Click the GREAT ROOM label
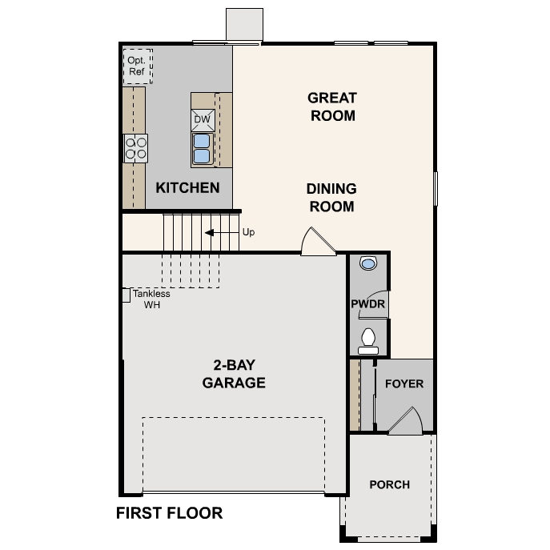(x=331, y=106)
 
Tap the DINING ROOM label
(x=331, y=197)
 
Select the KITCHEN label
(x=187, y=188)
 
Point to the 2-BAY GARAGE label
(x=233, y=373)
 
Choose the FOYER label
(x=404, y=383)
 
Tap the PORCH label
(x=389, y=484)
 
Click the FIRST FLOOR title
(x=169, y=512)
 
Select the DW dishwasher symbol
(x=202, y=119)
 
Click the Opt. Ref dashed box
(x=138, y=66)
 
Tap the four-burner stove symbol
(x=135, y=148)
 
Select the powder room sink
(x=368, y=263)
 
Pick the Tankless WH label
(x=151, y=299)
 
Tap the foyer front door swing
(x=407, y=422)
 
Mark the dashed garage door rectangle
(x=233, y=453)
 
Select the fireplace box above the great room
(x=245, y=24)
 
